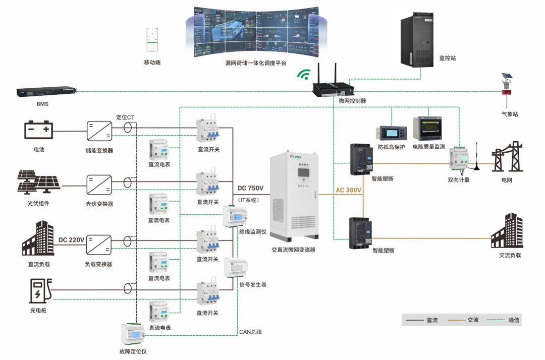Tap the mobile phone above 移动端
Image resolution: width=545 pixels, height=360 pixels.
tap(152, 39)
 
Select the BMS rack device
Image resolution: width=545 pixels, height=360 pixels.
tap(46, 92)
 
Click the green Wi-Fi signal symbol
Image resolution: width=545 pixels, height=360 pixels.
tap(303, 75)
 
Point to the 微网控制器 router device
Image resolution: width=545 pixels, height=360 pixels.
tap(335, 88)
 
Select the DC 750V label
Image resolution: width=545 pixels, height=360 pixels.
tap(251, 189)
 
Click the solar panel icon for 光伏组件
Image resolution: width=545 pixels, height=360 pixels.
tap(38, 183)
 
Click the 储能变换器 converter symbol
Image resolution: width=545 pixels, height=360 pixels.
tap(99, 131)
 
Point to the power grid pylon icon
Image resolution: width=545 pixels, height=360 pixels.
tap(506, 159)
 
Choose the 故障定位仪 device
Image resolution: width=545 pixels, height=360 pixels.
tap(133, 333)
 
